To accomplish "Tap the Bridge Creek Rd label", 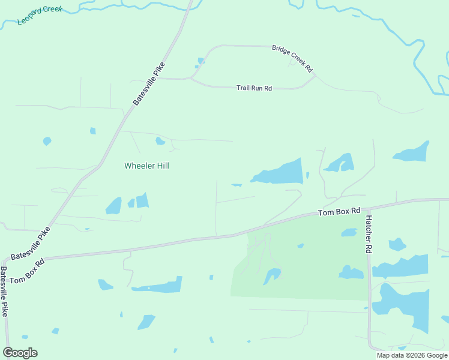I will click(293, 58).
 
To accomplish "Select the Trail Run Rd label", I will click(254, 88).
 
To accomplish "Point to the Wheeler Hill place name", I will click(146, 166).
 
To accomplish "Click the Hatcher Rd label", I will click(369, 233).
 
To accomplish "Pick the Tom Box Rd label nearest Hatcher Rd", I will click(339, 212).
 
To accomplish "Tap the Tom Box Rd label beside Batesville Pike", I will click(27, 271).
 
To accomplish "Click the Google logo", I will click(20, 352).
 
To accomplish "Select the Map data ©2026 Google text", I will click(412, 355).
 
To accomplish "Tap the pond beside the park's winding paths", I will click(271, 275).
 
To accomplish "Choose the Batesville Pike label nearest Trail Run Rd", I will click(149, 84).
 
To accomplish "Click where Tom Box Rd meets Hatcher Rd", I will click(367, 206).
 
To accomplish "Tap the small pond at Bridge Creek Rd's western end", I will click(200, 61).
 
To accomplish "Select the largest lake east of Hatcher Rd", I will click(403, 306).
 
